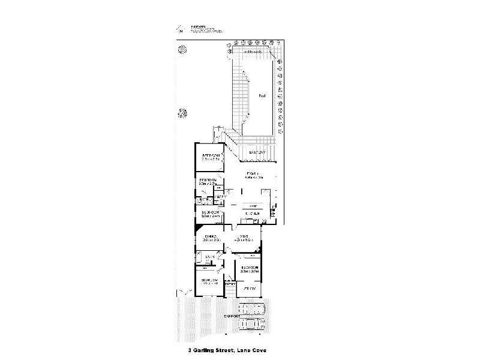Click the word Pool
(262, 96)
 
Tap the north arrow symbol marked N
(179, 29)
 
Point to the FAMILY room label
(250, 175)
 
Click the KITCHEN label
(251, 214)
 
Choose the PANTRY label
(220, 196)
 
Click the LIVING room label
(246, 238)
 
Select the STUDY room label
(250, 289)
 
